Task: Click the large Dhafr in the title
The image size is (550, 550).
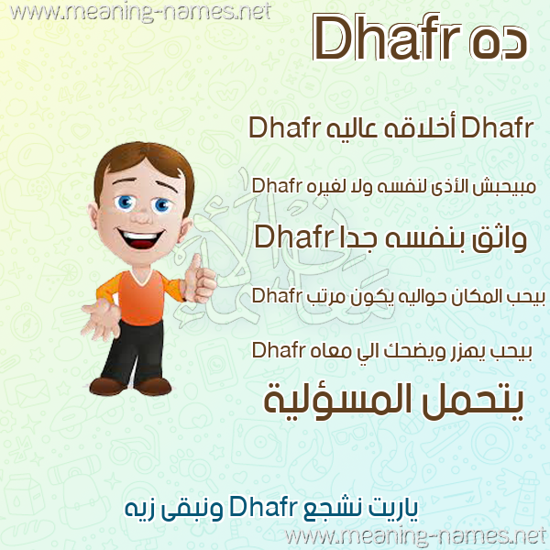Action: pyautogui.click(x=387, y=38)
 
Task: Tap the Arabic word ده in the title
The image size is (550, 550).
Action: pyautogui.click(x=498, y=43)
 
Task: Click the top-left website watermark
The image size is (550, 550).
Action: pyautogui.click(x=140, y=12)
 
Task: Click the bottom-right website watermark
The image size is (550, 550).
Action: pyautogui.click(x=416, y=537)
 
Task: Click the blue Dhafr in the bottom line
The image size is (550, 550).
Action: pyautogui.click(x=263, y=507)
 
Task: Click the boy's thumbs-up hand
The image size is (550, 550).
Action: pyautogui.click(x=201, y=280)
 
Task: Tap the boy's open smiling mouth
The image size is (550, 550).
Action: pyautogui.click(x=139, y=239)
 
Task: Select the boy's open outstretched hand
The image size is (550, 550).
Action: pyautogui.click(x=100, y=320)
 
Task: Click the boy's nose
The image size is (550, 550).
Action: pyautogui.click(x=142, y=216)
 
